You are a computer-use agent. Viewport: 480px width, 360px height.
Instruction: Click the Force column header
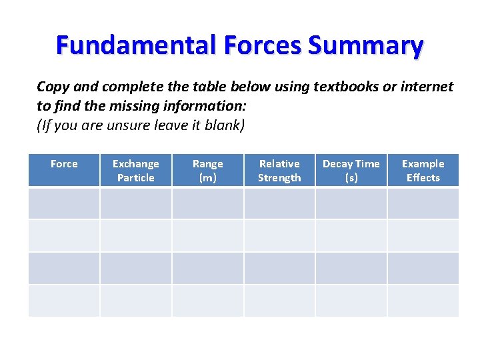(64, 164)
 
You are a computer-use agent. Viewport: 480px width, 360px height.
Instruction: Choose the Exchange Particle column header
(136, 171)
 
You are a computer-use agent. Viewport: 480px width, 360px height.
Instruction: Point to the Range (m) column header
(208, 171)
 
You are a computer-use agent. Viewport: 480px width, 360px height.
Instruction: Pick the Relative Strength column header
(279, 171)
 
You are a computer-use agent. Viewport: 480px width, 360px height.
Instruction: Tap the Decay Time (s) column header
(351, 171)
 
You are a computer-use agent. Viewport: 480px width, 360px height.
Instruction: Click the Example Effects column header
(423, 171)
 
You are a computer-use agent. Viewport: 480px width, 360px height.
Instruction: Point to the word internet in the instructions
(423, 87)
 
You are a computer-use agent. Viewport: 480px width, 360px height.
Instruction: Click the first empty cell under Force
(64, 203)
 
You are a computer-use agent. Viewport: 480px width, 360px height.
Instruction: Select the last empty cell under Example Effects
(423, 301)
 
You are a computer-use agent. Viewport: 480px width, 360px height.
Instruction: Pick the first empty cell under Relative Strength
(279, 203)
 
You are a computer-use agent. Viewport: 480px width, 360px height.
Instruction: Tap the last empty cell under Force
(64, 301)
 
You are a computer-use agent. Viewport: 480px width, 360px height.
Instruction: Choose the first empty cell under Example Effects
(423, 203)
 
